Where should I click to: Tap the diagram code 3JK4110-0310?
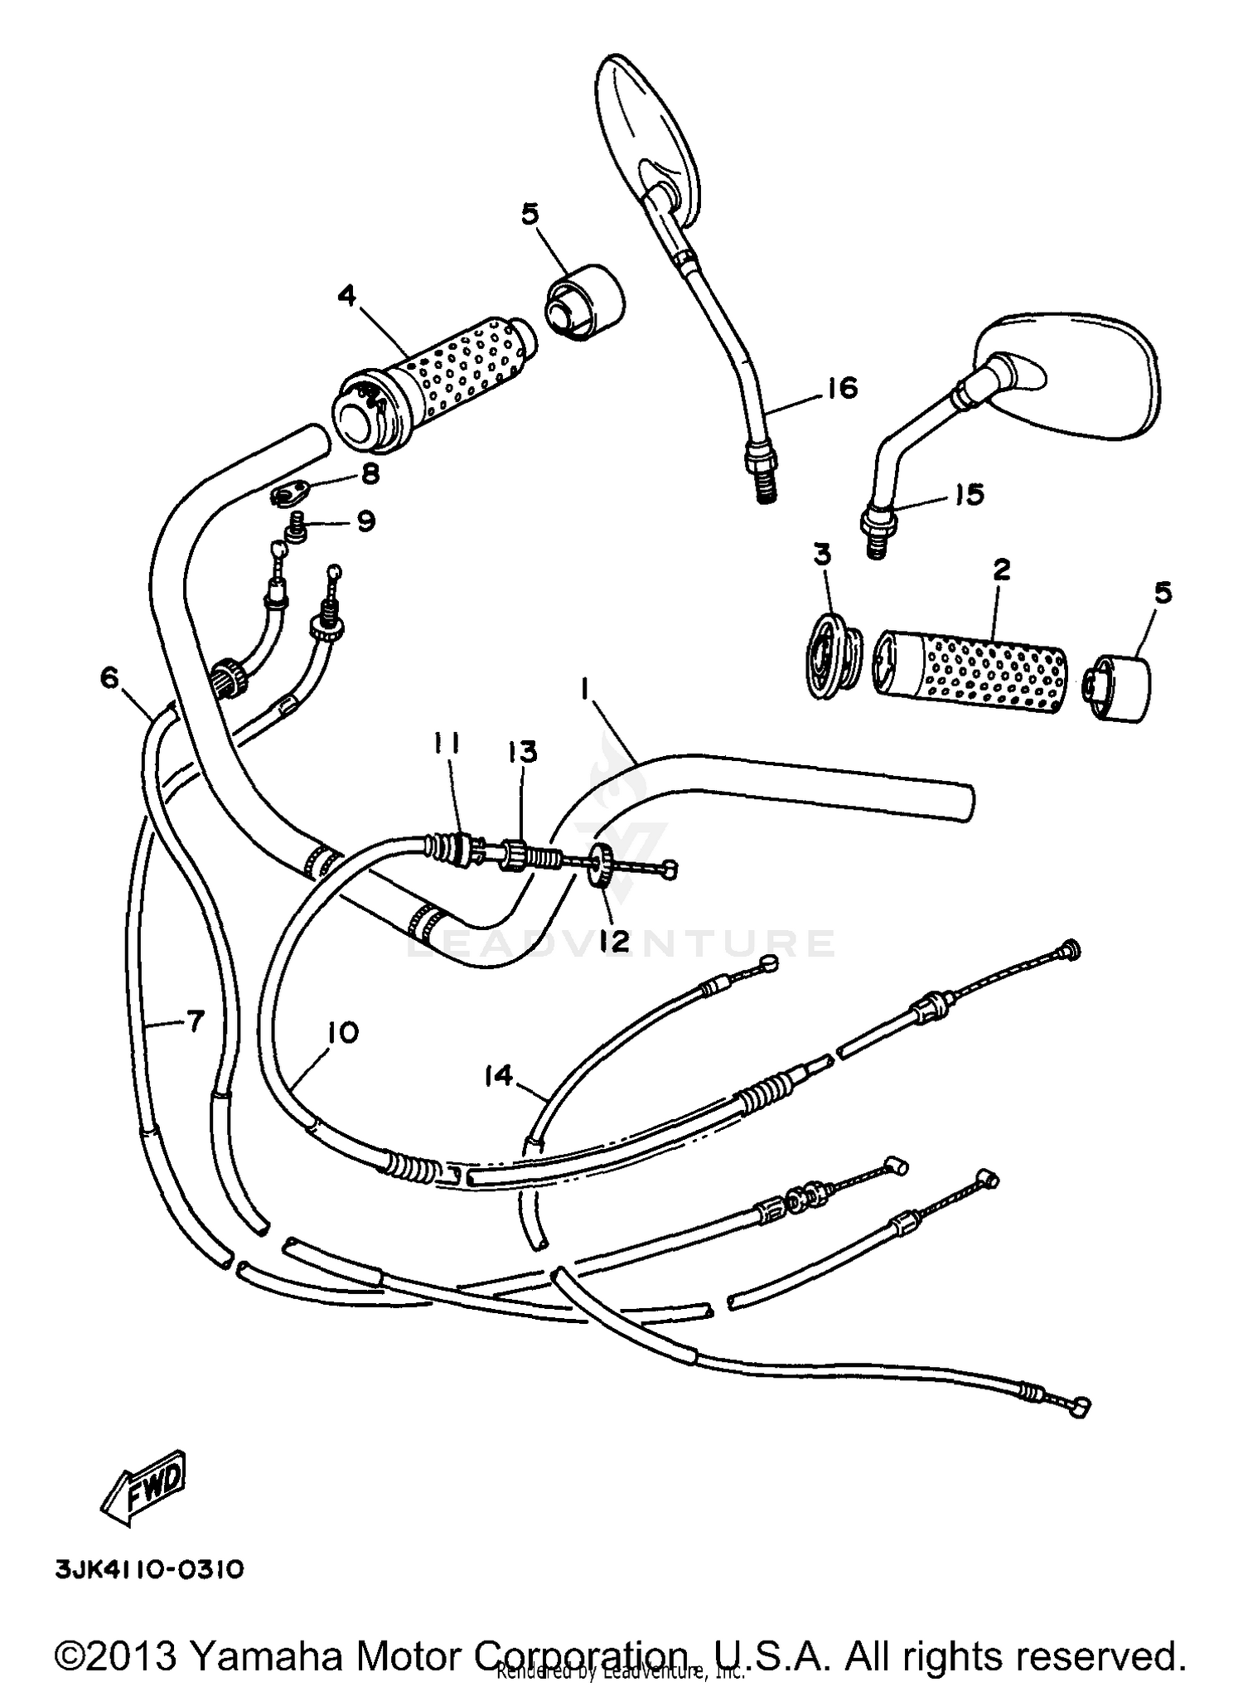point(149,1569)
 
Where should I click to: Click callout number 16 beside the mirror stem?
point(842,387)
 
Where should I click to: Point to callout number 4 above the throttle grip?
point(346,296)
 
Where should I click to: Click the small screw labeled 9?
point(296,528)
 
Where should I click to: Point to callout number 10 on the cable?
point(343,1033)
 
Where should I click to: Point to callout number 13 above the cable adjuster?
point(524,752)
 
